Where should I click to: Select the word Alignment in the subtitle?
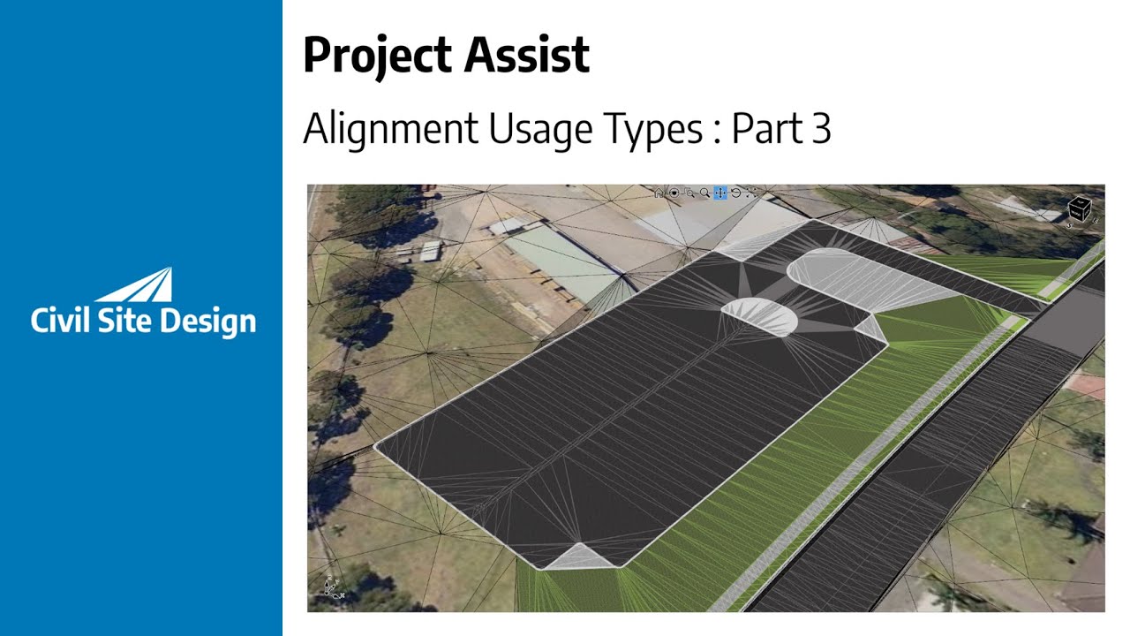(x=386, y=129)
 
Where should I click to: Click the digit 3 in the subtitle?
(x=820, y=129)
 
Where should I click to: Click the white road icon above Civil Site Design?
(x=141, y=286)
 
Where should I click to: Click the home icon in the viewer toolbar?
(x=659, y=193)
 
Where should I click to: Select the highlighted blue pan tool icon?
(x=719, y=193)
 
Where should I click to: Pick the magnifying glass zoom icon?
(x=704, y=193)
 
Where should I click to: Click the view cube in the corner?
(x=1080, y=209)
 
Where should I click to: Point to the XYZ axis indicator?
(x=331, y=587)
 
